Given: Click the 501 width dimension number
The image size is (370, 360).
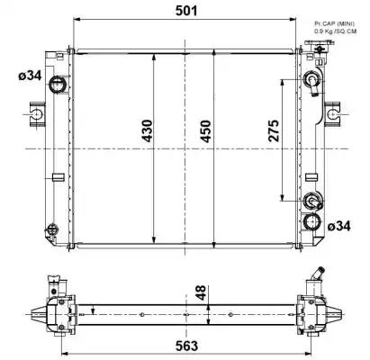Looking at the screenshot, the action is (186, 11).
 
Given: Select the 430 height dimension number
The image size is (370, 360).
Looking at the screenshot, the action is (147, 130).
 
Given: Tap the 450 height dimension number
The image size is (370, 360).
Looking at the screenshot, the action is (206, 131).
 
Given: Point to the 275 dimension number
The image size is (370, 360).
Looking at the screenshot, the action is (274, 130).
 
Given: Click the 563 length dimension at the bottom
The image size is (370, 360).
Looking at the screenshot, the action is (186, 346).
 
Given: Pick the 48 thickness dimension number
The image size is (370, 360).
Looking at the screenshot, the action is (201, 292).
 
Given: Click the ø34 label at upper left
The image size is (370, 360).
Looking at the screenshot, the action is (30, 76).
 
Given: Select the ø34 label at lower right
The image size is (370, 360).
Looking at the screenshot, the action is (338, 226).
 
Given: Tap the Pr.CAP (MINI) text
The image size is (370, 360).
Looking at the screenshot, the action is (334, 23).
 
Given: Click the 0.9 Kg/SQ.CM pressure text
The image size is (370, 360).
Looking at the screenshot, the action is (336, 31).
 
